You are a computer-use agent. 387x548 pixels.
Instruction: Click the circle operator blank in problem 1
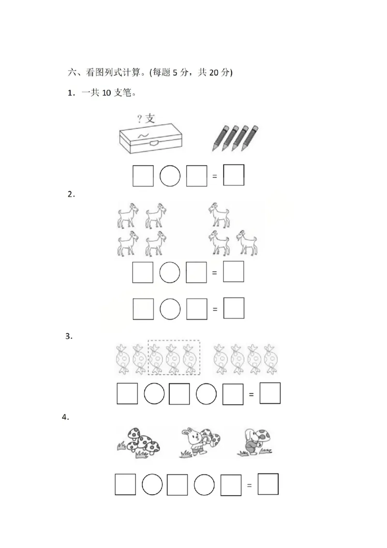pos(170,176)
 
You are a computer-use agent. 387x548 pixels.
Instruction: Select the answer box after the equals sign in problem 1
pos(234,175)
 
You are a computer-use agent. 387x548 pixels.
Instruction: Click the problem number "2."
pos(72,195)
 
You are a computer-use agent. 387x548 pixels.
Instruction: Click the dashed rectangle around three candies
pos(174,357)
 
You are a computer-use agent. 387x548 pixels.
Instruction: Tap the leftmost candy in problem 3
pos(123,359)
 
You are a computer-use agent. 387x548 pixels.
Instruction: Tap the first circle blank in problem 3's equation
pos(154,394)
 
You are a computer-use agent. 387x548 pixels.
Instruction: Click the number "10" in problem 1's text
pos(107,93)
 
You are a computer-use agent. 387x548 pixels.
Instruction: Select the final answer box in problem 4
pos(268,484)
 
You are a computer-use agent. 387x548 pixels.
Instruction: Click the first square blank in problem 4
pos(125,484)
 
